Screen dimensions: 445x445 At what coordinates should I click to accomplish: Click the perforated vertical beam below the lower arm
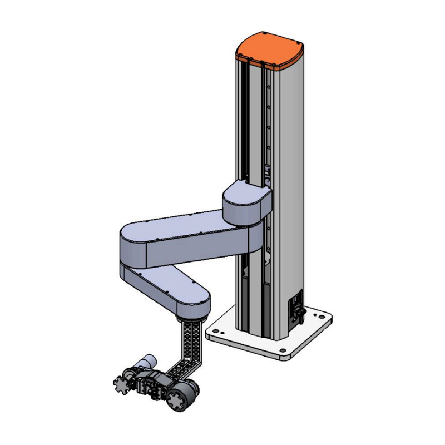point(192,339)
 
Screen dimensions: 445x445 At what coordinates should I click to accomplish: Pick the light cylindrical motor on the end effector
point(146,362)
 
